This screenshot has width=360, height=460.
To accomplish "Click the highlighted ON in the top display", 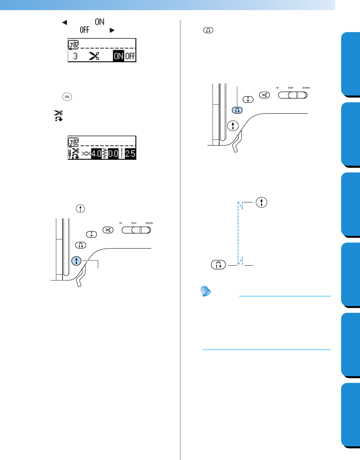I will pyautogui.click(x=118, y=56).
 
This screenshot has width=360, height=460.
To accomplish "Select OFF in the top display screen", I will pyautogui.click(x=130, y=56).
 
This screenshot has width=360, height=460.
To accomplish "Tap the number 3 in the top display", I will pyautogui.click(x=75, y=56).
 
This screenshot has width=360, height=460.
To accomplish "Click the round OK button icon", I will pyautogui.click(x=67, y=97).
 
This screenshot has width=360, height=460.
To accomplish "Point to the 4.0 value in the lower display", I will pyautogui.click(x=96, y=153).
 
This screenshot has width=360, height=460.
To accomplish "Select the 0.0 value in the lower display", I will pyautogui.click(x=113, y=153).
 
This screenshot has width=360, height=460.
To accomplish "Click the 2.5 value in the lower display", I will pyautogui.click(x=130, y=153).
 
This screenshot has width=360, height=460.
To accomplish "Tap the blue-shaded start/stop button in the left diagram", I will pyautogui.click(x=76, y=261).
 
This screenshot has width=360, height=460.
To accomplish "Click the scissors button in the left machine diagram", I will pyautogui.click(x=108, y=230).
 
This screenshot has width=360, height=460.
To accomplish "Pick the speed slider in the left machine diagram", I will pyautogui.click(x=136, y=230).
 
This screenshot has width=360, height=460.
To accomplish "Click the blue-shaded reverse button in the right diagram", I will pyautogui.click(x=237, y=110).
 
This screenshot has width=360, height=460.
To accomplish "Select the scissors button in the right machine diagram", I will pyautogui.click(x=265, y=95).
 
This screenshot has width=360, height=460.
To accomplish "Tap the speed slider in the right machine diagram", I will pyautogui.click(x=293, y=95).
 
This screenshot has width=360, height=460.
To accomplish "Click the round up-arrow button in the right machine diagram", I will pyautogui.click(x=233, y=125).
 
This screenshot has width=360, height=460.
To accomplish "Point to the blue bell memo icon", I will pyautogui.click(x=206, y=292).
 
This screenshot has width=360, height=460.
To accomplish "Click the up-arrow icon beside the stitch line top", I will pyautogui.click(x=261, y=202).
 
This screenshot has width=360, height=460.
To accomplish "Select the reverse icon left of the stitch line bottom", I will pyautogui.click(x=218, y=265).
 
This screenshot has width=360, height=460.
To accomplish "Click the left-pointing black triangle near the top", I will pyautogui.click(x=64, y=22).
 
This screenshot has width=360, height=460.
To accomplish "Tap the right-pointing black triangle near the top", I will pyautogui.click(x=112, y=30).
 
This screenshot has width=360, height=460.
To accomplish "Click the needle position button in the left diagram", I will pyautogui.click(x=91, y=234).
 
